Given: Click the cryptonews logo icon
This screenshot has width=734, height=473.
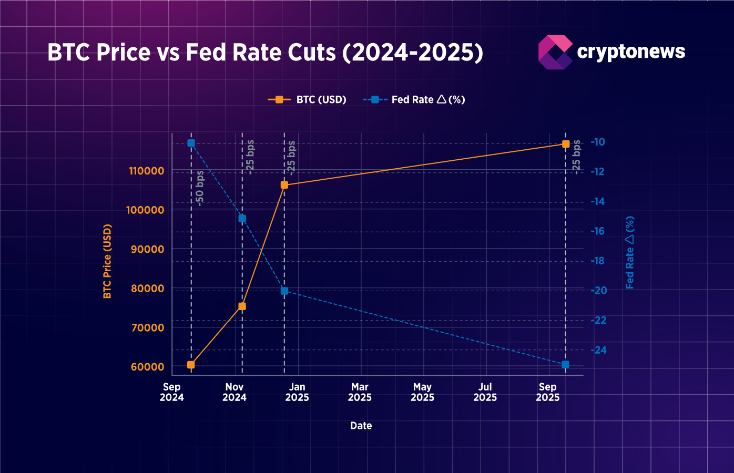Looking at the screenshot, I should [x=555, y=52].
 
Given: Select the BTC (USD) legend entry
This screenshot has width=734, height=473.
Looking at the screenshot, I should [x=307, y=99].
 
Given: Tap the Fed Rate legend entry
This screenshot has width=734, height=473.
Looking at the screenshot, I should [x=414, y=99].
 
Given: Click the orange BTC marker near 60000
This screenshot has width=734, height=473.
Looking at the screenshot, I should [x=191, y=364].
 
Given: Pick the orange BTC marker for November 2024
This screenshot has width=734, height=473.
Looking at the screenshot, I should [x=242, y=306].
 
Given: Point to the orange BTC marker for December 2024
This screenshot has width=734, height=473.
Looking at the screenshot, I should [x=284, y=185].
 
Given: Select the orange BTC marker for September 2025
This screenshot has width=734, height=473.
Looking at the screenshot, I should [x=566, y=143].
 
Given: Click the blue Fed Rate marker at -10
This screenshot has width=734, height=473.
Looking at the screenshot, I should [x=191, y=143].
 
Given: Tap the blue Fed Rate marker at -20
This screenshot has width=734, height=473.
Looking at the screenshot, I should [x=284, y=291].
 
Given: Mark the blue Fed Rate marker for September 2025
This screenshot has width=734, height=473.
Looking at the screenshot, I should [x=565, y=365].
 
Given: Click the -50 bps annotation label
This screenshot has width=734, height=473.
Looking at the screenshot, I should [x=200, y=188].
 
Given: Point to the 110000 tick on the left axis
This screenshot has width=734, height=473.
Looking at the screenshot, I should [x=146, y=171].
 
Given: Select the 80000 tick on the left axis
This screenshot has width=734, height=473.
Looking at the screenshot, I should [x=147, y=289].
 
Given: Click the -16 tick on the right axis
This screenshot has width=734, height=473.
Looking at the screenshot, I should [x=598, y=231].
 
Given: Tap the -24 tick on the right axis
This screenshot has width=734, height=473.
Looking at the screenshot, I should [x=598, y=350].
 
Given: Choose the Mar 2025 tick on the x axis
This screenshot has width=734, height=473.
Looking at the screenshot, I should [x=360, y=392].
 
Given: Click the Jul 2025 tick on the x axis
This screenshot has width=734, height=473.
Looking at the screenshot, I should [x=485, y=392].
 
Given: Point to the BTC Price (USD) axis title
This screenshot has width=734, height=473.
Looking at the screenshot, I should [x=107, y=261].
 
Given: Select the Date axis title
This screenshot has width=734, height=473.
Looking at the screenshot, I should [x=361, y=426].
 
